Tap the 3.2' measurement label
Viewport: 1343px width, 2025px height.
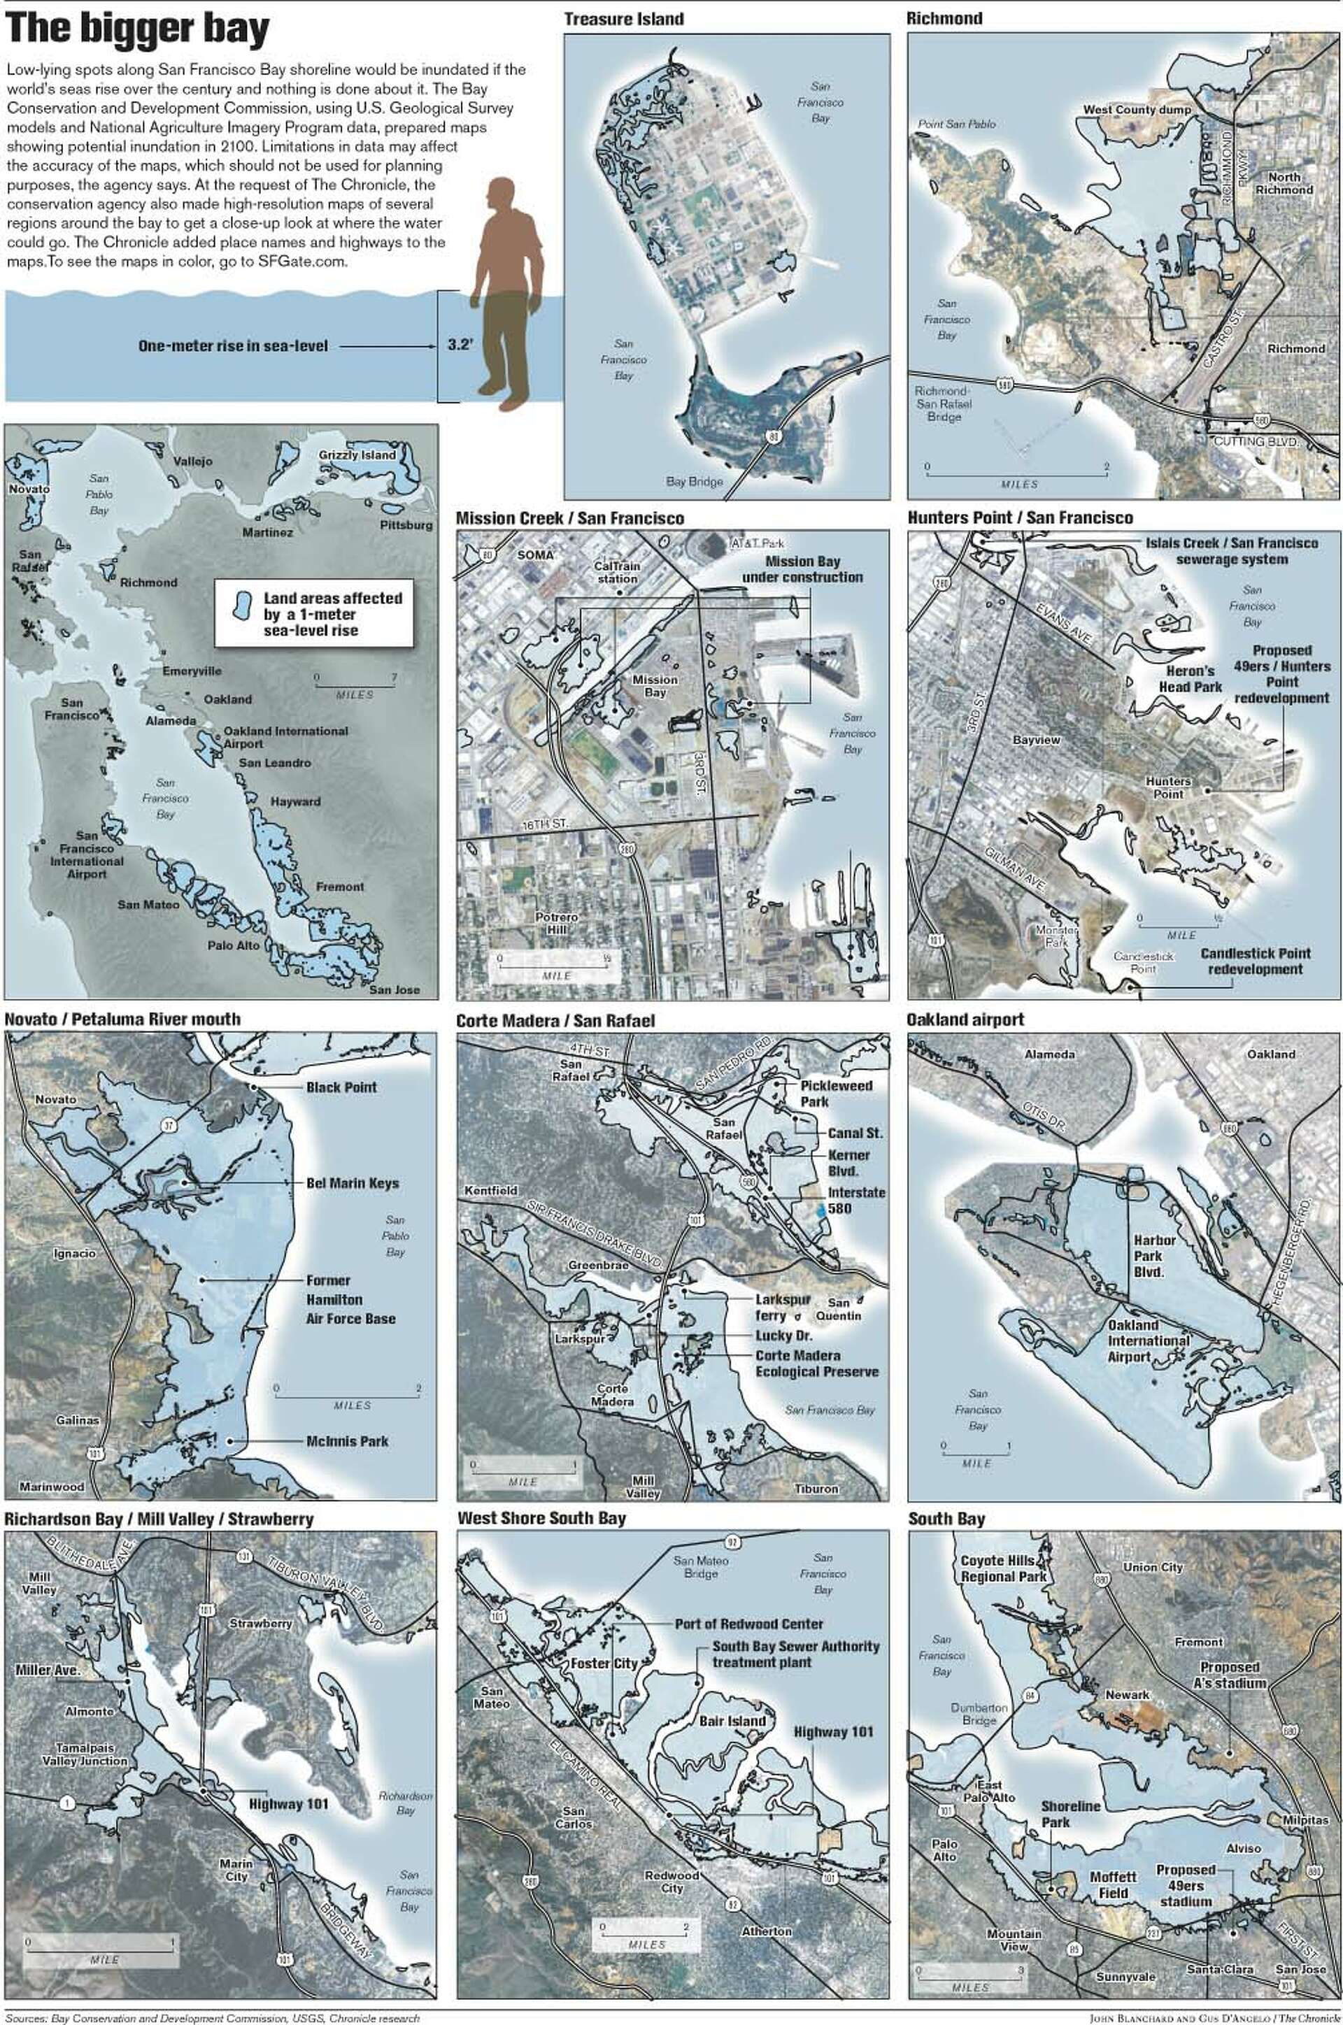coord(461,346)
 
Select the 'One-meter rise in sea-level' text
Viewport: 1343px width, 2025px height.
coord(233,346)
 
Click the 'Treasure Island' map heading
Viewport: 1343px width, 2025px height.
coord(623,19)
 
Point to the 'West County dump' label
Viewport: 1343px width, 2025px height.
coord(1137,110)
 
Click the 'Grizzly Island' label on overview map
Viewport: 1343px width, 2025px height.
coord(357,455)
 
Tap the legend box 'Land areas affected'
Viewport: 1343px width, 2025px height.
coord(313,614)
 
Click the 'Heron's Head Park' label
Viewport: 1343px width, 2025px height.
coord(1191,678)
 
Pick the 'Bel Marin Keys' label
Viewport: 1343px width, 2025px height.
coord(352,1182)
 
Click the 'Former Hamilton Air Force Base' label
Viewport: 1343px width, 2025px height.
coord(350,1299)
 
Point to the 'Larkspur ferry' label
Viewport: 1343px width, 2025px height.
coord(781,1307)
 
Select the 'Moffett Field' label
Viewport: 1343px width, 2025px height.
coord(1113,1884)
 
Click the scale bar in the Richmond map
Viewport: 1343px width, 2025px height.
coord(1016,473)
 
